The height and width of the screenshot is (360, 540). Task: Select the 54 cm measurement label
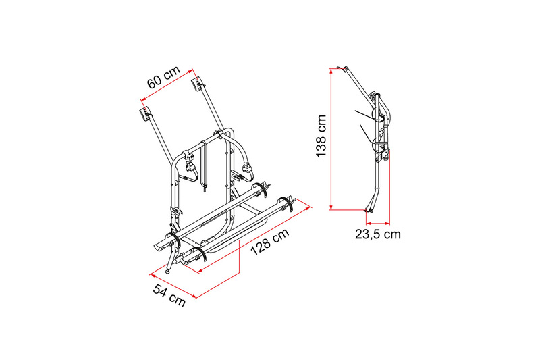(x=169, y=295)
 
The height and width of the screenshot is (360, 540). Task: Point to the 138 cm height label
(x=321, y=136)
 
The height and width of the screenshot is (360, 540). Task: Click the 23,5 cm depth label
(x=378, y=234)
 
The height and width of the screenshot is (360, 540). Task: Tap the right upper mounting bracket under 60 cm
(x=197, y=84)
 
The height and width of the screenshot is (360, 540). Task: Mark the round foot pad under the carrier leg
(x=167, y=272)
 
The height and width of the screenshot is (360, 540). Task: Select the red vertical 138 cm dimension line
(x=331, y=139)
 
